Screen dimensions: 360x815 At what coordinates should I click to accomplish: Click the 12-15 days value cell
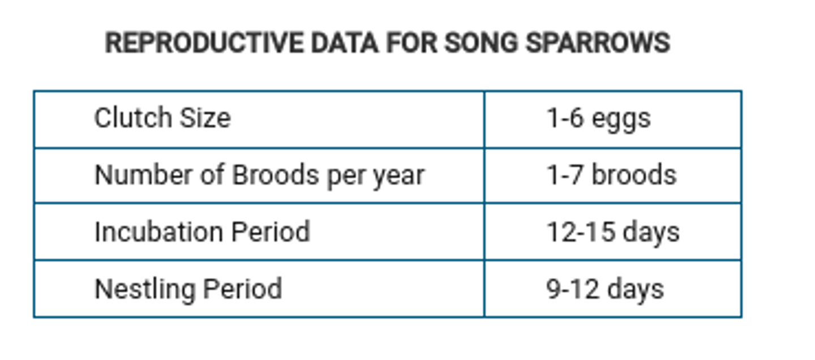coord(612,232)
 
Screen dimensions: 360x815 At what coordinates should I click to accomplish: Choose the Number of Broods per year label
coord(259,175)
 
